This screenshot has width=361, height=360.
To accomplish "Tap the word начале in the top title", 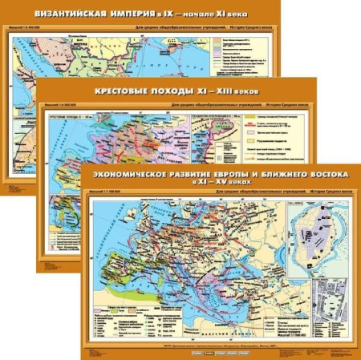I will (x=221, y=14).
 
